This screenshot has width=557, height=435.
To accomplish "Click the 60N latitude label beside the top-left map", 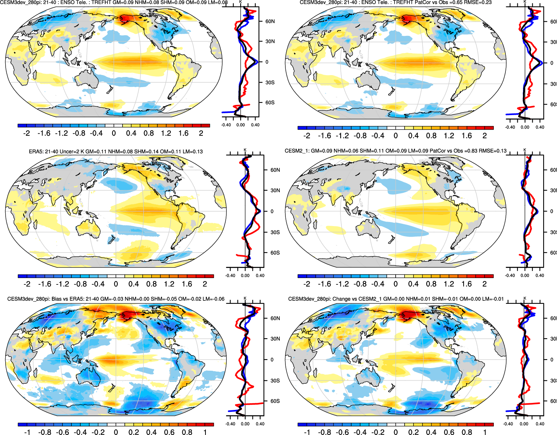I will (x=270, y=21).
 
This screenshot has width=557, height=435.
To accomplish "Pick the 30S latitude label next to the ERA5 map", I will (x=275, y=232).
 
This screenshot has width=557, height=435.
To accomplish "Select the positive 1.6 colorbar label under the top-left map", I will (x=183, y=133).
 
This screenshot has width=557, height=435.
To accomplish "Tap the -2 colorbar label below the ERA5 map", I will (x=27, y=284).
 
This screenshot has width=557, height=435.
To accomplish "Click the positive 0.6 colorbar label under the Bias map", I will (x=169, y=432).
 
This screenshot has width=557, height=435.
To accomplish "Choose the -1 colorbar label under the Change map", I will (x=307, y=432).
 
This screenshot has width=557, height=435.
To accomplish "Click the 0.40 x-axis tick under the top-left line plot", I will (x=255, y=125).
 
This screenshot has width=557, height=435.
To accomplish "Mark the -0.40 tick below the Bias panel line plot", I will (x=230, y=424).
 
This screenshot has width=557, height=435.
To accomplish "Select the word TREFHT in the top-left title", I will (x=101, y=3).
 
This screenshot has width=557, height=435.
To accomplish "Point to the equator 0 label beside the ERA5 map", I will (x=272, y=211).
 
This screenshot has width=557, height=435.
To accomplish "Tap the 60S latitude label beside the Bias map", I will (x=275, y=401).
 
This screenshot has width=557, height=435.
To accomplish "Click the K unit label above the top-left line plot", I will (x=240, y=1).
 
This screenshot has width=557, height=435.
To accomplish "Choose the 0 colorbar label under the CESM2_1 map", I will (x=396, y=284).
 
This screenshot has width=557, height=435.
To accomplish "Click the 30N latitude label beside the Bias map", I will (x=275, y=339).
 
